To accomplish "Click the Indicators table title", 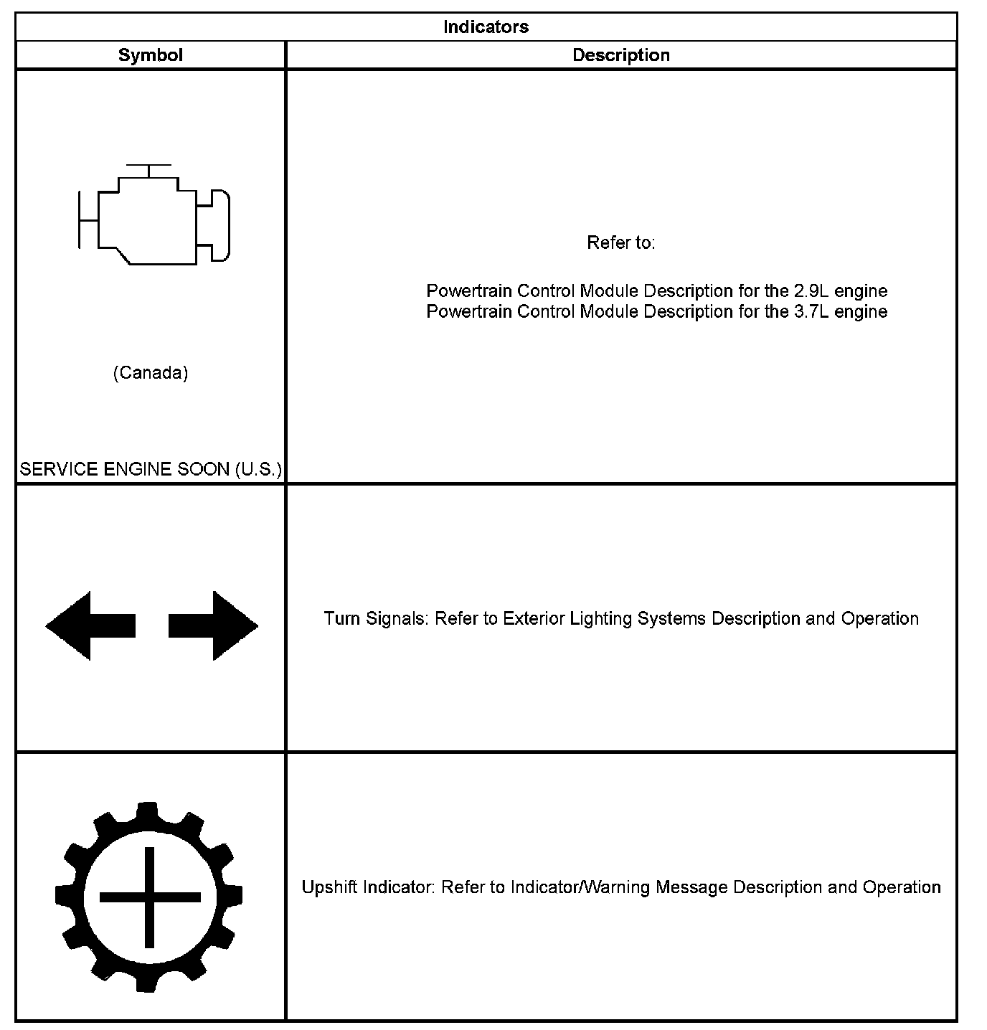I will (x=486, y=27).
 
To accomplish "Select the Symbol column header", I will (x=150, y=55).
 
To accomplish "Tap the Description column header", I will (x=620, y=55).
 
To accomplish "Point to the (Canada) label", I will (x=151, y=373).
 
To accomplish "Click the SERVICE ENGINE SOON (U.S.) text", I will (x=151, y=469).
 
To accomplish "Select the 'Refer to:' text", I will (x=620, y=243).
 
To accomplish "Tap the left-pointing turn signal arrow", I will (x=90, y=625).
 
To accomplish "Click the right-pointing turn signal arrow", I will (x=213, y=625).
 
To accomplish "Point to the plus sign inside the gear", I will (x=149, y=897).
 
